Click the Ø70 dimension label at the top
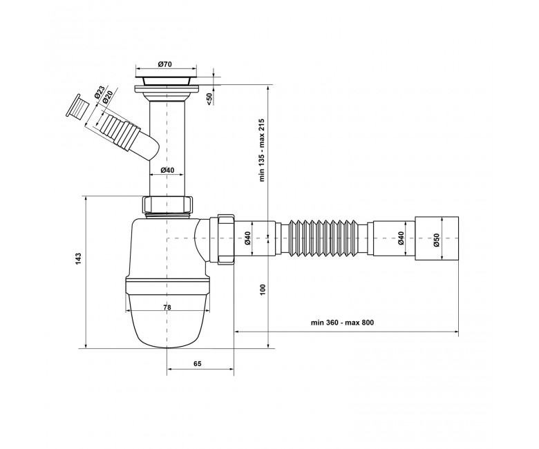coord(165,64)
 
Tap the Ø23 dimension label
coord(99,93)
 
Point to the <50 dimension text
coord(209,99)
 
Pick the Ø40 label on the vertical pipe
coord(167,170)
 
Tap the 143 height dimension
coord(78,258)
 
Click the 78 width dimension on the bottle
coord(167,307)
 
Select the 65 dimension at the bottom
coord(197,364)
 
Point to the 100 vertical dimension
coord(263,291)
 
